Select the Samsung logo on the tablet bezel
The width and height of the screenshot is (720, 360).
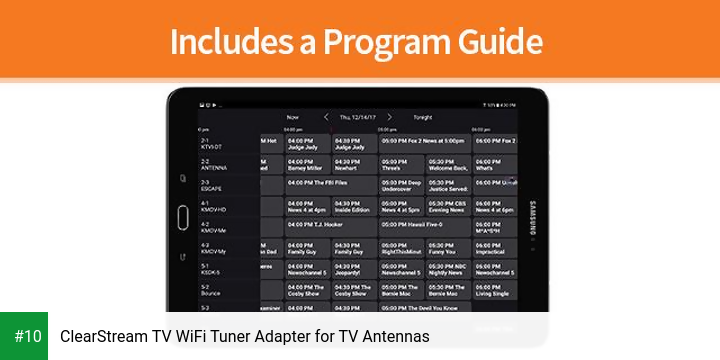point(531,213)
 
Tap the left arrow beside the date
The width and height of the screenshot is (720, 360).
point(325,117)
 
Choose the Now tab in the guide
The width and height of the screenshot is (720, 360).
point(292,117)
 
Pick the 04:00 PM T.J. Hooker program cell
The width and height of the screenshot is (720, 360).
point(330,225)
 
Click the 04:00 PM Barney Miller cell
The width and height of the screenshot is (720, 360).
point(307,164)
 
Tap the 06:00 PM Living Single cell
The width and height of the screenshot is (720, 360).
point(495,290)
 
